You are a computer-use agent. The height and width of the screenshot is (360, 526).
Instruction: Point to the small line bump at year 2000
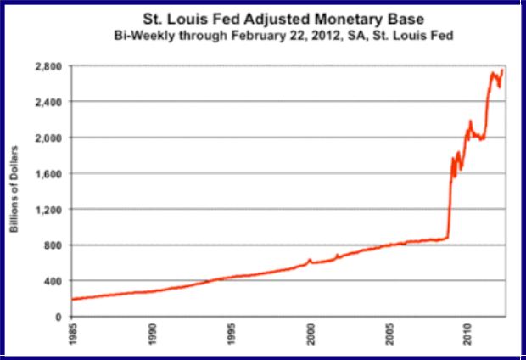tap(310, 260)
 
